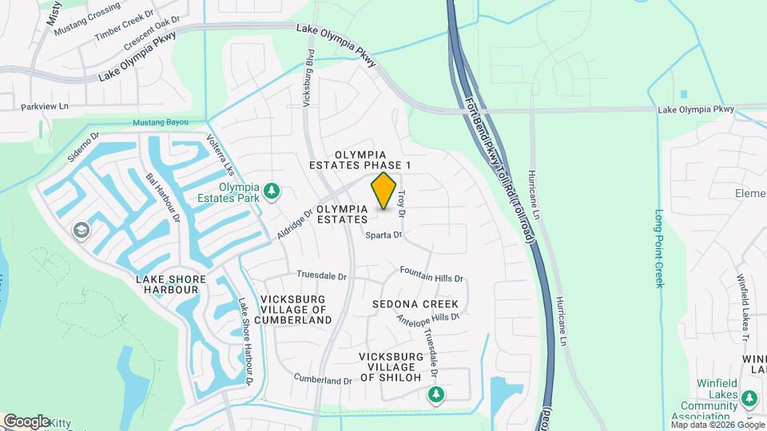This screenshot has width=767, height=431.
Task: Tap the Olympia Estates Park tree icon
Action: pos(272,191)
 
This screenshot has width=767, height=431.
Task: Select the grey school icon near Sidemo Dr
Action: pos(81,231)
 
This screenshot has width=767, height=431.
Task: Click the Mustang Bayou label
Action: pos(161,122)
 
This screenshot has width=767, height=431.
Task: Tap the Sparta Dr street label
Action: pos(383,235)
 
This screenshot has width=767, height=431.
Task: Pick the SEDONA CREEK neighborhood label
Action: pos(415,304)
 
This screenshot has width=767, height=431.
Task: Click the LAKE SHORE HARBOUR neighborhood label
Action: pos(170,285)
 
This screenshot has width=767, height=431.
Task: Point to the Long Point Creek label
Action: pos(659,248)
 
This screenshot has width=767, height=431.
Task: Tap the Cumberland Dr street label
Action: pos(323,379)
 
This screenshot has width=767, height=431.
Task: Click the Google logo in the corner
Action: pos(26,421)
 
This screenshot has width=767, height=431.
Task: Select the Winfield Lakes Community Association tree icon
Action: pos(749,398)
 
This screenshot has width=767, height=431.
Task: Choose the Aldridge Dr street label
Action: pos(295,227)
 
